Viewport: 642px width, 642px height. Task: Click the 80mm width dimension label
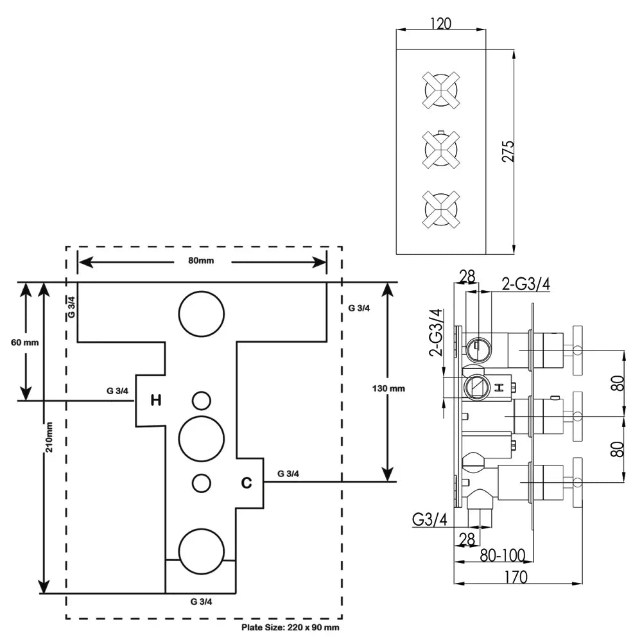pyautogui.click(x=202, y=261)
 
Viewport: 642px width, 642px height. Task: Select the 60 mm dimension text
pyautogui.click(x=25, y=342)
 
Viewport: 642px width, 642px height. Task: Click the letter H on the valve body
pyautogui.click(x=155, y=401)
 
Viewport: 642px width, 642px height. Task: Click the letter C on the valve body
pyautogui.click(x=246, y=481)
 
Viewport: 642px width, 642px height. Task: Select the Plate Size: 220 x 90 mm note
pyautogui.click(x=290, y=627)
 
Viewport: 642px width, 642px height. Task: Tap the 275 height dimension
pyautogui.click(x=507, y=152)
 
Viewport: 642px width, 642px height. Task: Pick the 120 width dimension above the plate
pyautogui.click(x=440, y=23)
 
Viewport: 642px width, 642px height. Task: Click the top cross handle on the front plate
pyautogui.click(x=440, y=89)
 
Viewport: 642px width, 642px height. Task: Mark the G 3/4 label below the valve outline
pyautogui.click(x=202, y=602)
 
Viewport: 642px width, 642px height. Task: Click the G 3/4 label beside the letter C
pyautogui.click(x=289, y=473)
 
